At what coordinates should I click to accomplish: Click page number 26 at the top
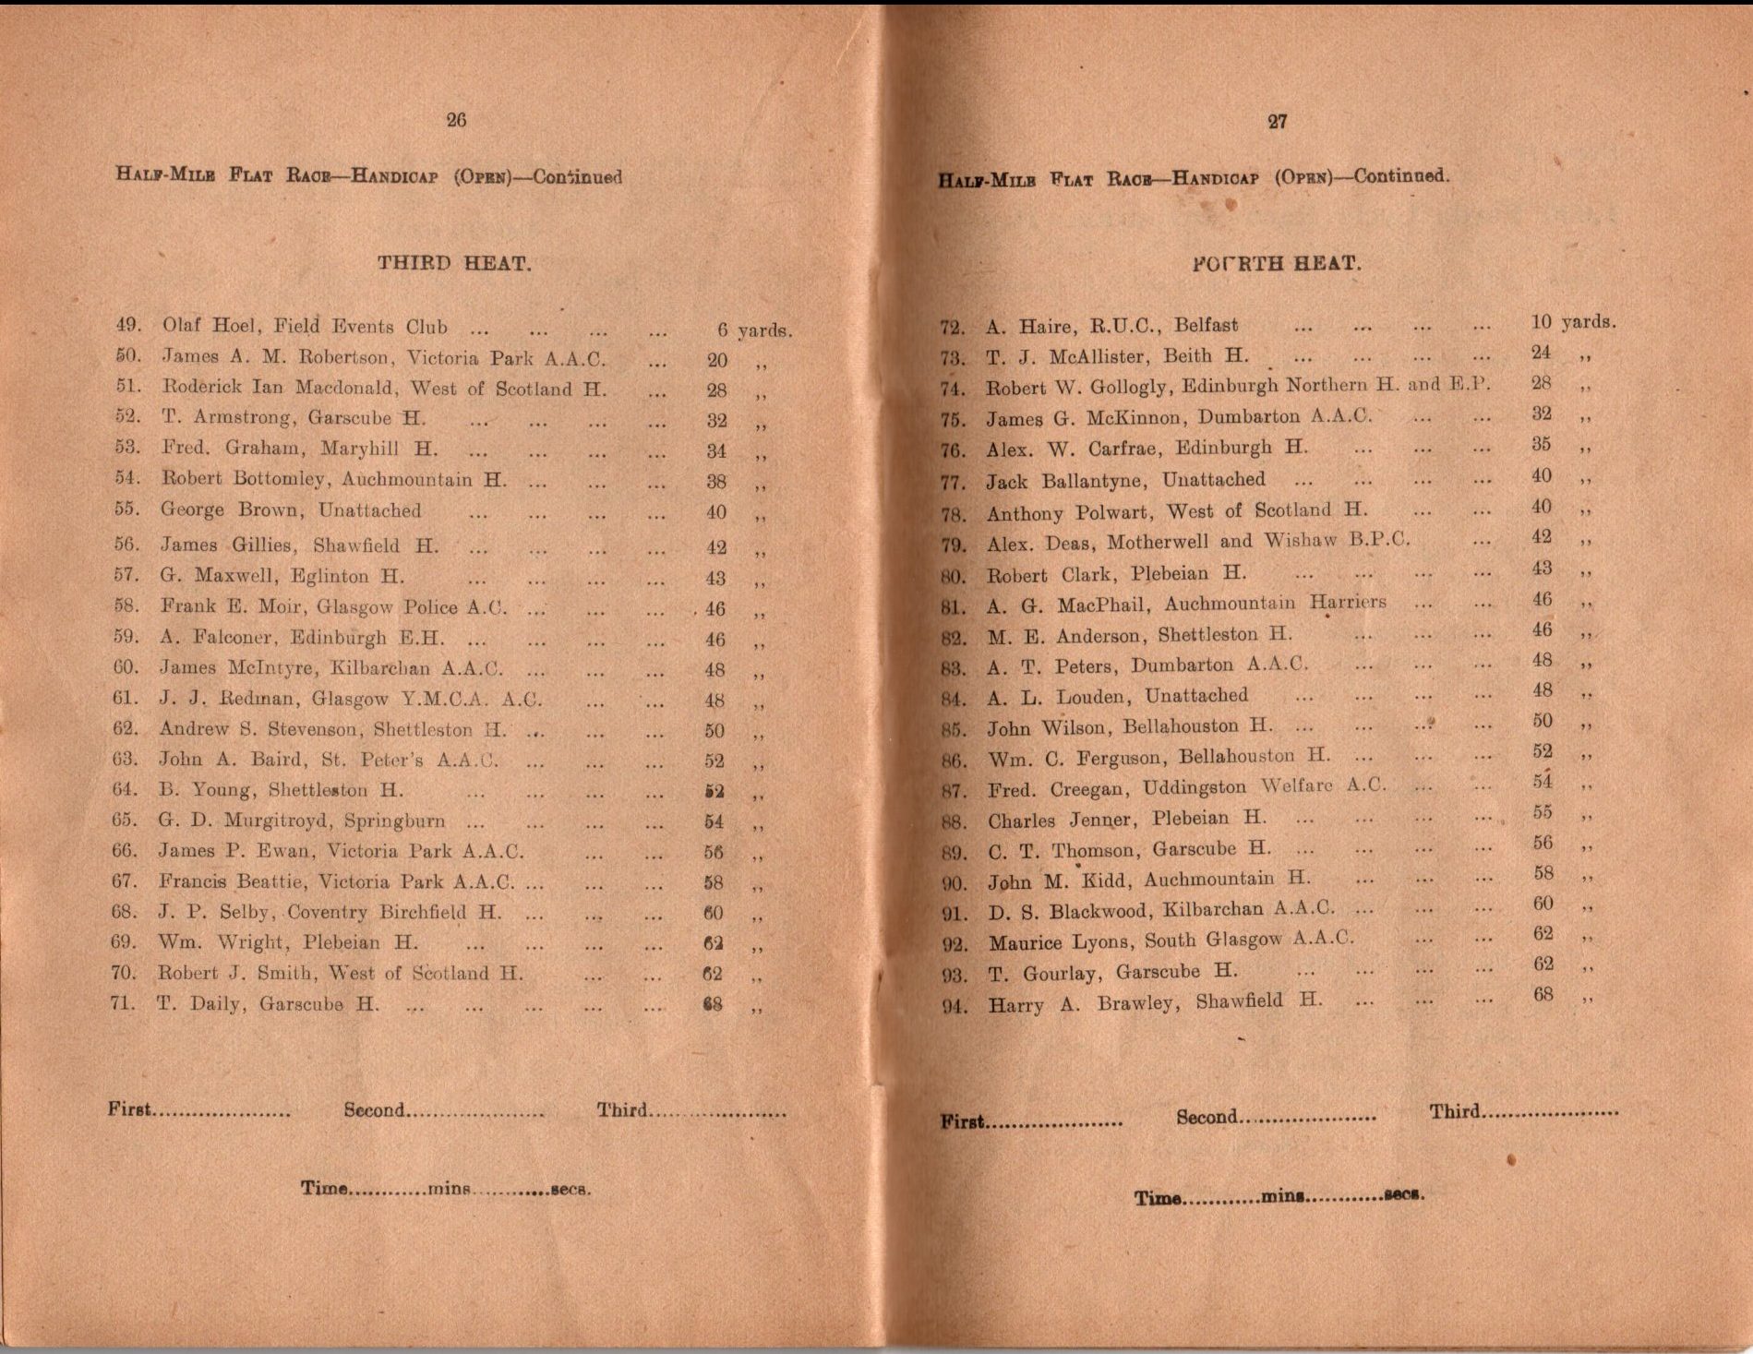(x=456, y=120)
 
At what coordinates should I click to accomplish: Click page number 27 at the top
(x=1278, y=122)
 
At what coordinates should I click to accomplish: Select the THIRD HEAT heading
(x=454, y=263)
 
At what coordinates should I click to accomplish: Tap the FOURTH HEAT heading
(x=1277, y=264)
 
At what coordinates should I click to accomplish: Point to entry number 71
(x=124, y=1003)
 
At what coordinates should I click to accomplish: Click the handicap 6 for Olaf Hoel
(x=723, y=330)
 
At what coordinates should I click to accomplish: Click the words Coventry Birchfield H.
(x=394, y=913)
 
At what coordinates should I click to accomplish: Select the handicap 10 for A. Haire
(x=1541, y=322)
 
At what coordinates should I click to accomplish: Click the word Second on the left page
(x=374, y=1109)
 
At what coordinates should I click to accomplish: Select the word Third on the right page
(x=1455, y=1111)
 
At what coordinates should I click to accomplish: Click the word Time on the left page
(x=324, y=1189)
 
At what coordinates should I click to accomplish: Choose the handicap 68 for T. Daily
(x=713, y=1004)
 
